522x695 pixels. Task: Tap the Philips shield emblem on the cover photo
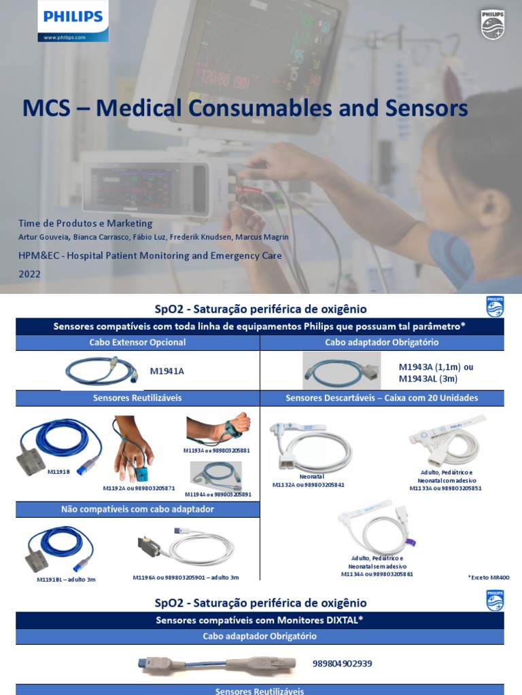[493, 25]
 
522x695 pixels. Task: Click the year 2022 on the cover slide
[30, 274]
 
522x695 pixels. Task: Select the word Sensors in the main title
[423, 109]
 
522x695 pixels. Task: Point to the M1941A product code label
[167, 371]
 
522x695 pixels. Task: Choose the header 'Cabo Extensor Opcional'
[137, 343]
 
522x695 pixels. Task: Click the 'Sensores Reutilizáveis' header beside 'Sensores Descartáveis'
[137, 398]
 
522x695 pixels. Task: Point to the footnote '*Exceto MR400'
[488, 578]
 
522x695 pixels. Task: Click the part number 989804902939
[343, 663]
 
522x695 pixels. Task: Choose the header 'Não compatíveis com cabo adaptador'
[137, 509]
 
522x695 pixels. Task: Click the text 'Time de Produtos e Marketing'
[86, 223]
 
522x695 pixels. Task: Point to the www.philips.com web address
[65, 38]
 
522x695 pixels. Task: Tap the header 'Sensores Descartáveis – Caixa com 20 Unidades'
[381, 398]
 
